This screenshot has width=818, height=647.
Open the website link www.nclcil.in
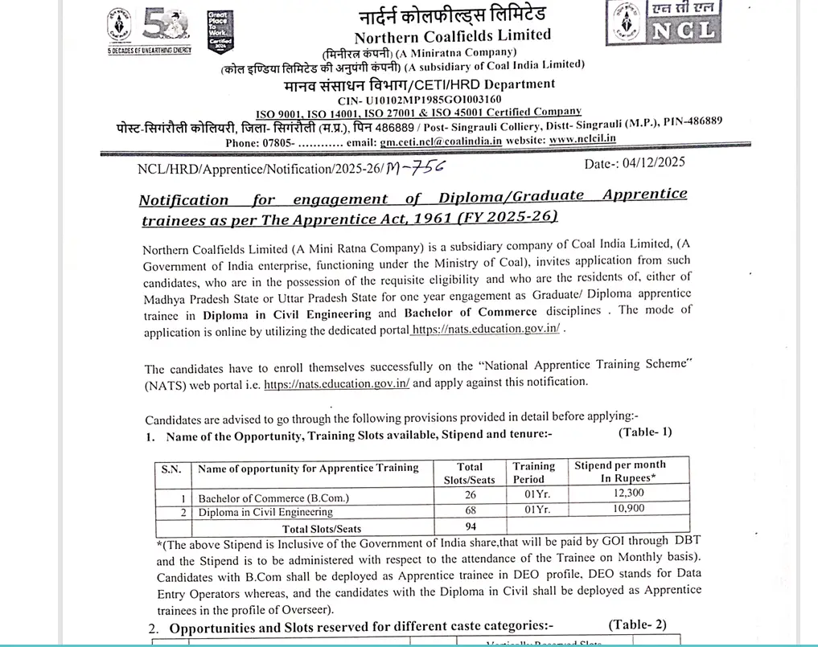tap(583, 138)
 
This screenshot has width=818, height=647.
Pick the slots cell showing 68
tap(470, 512)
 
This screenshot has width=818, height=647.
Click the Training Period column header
tap(534, 473)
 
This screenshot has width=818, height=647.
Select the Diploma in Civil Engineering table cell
tap(265, 512)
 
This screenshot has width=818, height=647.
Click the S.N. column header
tap(171, 469)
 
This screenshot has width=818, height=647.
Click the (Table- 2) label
tap(637, 624)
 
